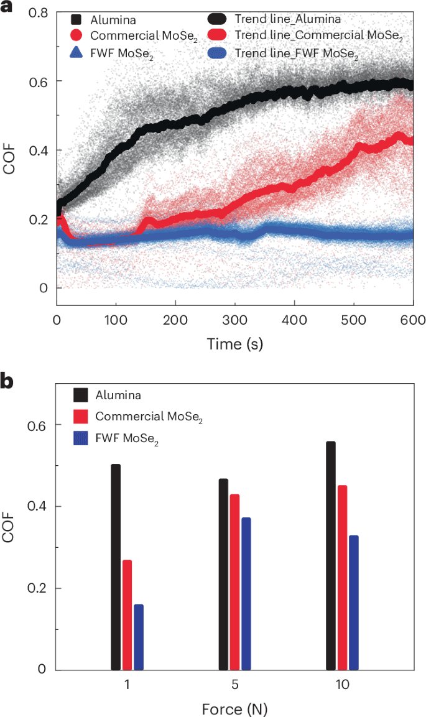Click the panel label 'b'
[x=8, y=381]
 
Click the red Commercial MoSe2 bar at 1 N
[x=127, y=615]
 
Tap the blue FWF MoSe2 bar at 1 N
[x=139, y=637]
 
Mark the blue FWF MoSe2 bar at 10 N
[x=354, y=603]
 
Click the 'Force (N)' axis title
[x=235, y=708]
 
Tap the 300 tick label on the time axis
[x=235, y=320]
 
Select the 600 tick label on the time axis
[x=413, y=320]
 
